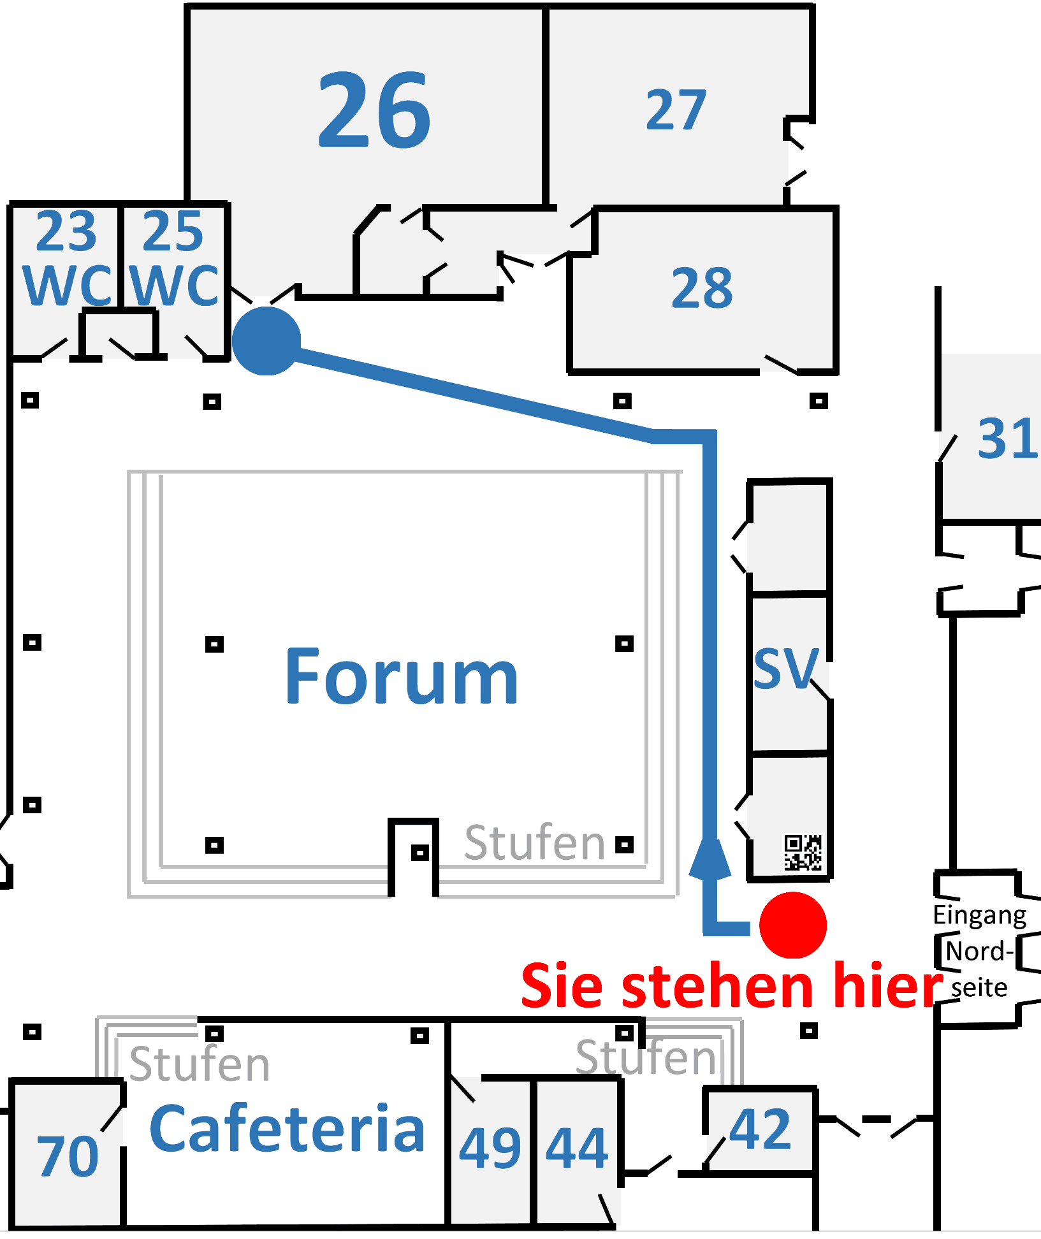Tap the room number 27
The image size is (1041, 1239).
tap(676, 110)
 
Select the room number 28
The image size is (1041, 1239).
tap(702, 288)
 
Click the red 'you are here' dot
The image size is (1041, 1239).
tap(793, 925)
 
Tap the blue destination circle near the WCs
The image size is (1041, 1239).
tap(266, 340)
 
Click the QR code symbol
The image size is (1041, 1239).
tap(803, 852)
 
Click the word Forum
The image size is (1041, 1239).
tap(402, 677)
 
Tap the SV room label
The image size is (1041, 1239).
tap(786, 669)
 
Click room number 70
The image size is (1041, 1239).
tap(68, 1156)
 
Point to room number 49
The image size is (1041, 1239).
tap(490, 1148)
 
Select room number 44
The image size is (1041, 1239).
tap(577, 1148)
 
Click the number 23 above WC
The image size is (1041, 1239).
tap(66, 231)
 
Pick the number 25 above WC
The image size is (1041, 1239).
tap(172, 231)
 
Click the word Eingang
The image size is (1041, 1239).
tap(979, 915)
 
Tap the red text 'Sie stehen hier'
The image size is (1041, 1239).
tap(731, 986)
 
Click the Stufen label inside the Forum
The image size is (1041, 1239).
tap(534, 843)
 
